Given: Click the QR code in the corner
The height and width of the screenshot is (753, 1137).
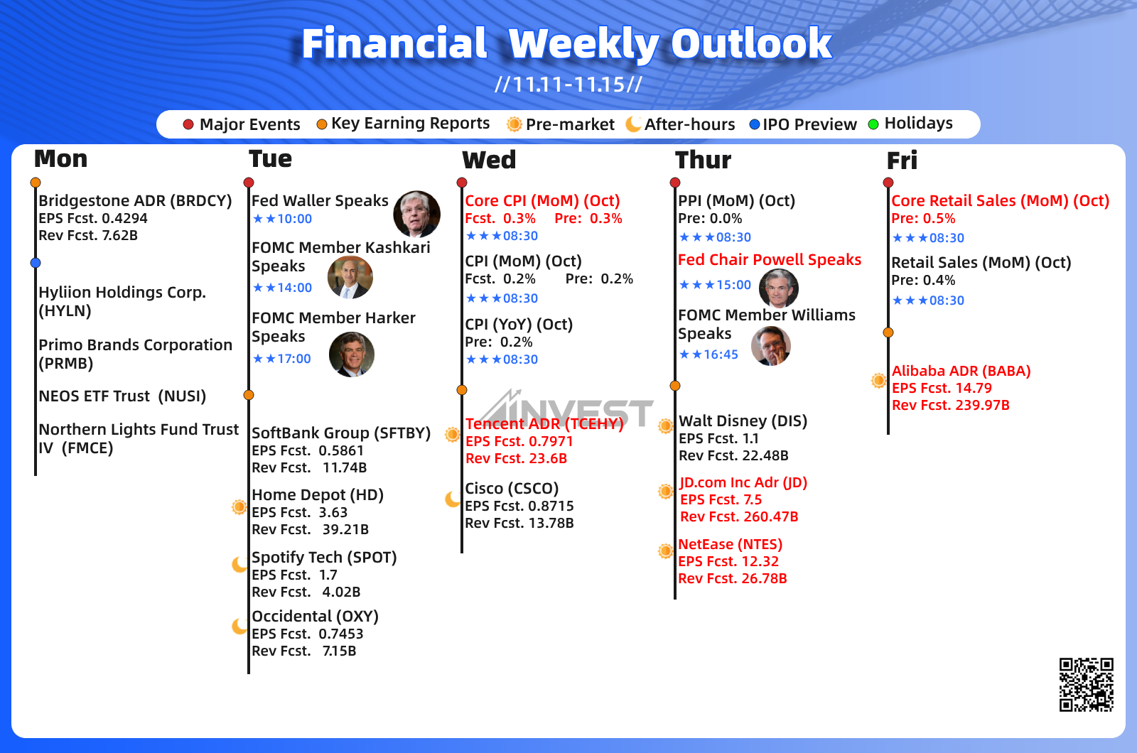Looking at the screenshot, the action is pyautogui.click(x=1087, y=685).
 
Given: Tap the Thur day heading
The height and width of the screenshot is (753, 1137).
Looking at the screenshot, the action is pyautogui.click(x=703, y=161).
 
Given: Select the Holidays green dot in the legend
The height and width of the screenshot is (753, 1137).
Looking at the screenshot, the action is pyautogui.click(x=873, y=124).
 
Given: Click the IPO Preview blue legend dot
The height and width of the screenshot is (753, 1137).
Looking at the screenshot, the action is pyautogui.click(x=754, y=124).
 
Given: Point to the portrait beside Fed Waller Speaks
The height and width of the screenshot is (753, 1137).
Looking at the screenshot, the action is pyautogui.click(x=416, y=214).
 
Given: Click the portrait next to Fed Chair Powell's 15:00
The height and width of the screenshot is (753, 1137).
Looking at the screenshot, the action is pyautogui.click(x=779, y=288).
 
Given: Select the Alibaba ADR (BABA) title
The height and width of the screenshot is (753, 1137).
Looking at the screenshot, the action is pyautogui.click(x=961, y=371).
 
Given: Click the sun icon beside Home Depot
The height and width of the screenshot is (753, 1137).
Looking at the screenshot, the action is pyautogui.click(x=239, y=506).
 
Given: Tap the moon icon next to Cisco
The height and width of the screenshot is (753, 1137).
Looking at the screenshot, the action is pyautogui.click(x=452, y=499).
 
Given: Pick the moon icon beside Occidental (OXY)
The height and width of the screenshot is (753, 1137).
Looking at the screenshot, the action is pyautogui.click(x=239, y=626).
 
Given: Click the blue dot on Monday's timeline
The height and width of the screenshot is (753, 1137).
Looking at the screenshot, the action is pyautogui.click(x=35, y=263).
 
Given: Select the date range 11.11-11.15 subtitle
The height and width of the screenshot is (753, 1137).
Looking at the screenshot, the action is pyautogui.click(x=568, y=85).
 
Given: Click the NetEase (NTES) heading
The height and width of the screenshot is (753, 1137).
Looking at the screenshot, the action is pyautogui.click(x=731, y=544).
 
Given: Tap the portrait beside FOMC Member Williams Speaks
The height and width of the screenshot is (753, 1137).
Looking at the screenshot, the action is pyautogui.click(x=770, y=346).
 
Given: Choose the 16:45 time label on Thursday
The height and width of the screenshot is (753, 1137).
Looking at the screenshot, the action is pyautogui.click(x=721, y=354).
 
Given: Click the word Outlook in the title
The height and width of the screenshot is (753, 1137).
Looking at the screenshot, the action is pyautogui.click(x=752, y=43).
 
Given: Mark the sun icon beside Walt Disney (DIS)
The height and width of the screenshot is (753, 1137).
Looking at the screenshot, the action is pyautogui.click(x=665, y=426).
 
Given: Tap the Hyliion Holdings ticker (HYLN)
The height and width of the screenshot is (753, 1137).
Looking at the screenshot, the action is pyautogui.click(x=65, y=310).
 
